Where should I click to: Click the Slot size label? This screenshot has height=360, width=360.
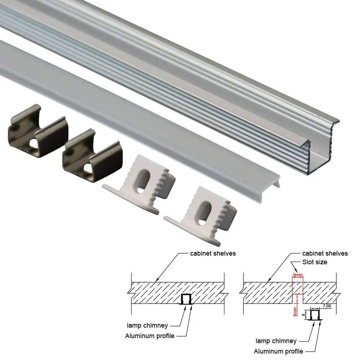point(315,262)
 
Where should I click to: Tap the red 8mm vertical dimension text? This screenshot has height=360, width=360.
point(295,311)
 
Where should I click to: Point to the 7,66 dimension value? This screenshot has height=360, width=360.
point(327,306)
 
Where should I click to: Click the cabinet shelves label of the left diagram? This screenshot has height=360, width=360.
point(213,253)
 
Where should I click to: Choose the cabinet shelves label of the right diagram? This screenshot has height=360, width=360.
point(325,253)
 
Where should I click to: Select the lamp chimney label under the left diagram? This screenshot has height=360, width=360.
point(147,325)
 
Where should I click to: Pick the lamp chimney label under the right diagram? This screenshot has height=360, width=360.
point(276,341)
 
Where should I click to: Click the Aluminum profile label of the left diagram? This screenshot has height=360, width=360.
point(149,336)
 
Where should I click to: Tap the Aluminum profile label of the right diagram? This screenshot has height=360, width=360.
point(278,351)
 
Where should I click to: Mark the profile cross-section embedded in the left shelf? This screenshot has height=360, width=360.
point(186,300)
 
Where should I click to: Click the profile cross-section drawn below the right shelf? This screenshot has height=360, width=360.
point(315,315)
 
